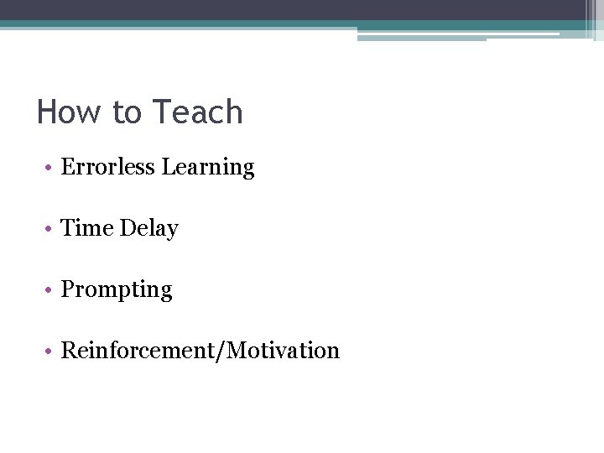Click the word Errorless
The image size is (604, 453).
click(108, 167)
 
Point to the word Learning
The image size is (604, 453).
click(208, 168)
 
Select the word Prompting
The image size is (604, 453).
click(117, 290)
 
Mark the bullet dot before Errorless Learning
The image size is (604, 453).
click(50, 168)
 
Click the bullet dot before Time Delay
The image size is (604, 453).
click(50, 229)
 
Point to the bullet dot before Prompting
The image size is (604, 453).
click(50, 290)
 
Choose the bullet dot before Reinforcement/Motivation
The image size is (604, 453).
click(50, 351)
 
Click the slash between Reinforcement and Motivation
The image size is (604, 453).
click(221, 351)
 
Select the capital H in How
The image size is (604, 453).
click(47, 112)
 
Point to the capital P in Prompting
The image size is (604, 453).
click(68, 289)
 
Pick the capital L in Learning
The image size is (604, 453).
click(168, 167)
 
